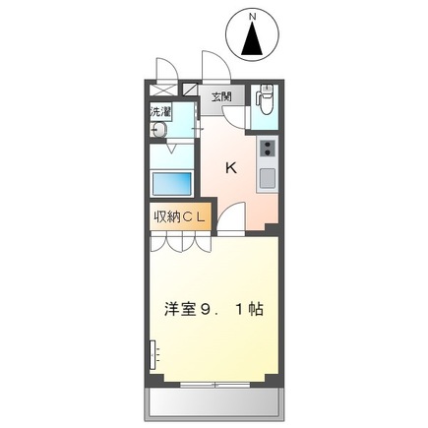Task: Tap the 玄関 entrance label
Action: pos(220,96)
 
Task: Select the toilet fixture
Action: pos(266,98)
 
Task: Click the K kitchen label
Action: pos(230,167)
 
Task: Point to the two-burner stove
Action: pos(266,150)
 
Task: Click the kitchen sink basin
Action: pos(266,180)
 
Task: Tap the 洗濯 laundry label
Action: pos(159,113)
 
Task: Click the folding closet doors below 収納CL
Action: pos(178,242)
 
